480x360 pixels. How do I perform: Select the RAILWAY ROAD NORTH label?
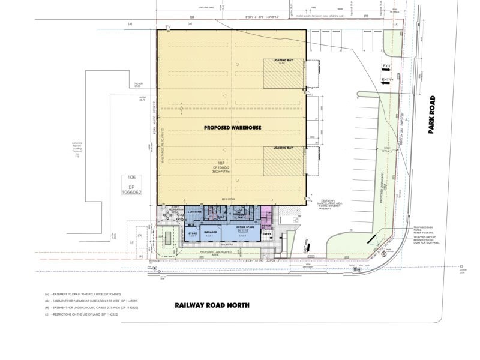(211, 305)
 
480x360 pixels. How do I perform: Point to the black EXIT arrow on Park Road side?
(388, 70)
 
